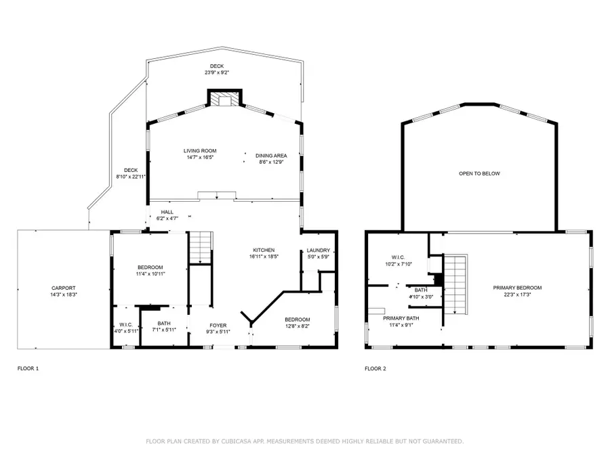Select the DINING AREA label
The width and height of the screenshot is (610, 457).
click(271, 156)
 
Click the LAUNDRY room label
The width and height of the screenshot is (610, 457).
click(318, 251)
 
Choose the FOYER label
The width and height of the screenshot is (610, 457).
click(218, 325)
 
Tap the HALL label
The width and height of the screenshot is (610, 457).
click(167, 212)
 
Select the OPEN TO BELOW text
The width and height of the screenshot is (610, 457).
click(479, 174)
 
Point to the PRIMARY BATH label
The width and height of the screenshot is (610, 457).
click(401, 318)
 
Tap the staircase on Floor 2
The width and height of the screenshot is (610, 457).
click(456, 284)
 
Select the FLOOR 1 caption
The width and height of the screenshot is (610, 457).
click(28, 369)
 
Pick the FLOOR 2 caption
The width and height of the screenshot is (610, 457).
click(375, 369)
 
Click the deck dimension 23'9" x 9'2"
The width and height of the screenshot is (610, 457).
click(216, 72)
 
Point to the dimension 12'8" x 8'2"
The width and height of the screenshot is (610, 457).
click(297, 326)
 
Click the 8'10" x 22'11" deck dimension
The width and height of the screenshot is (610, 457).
click(131, 177)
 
